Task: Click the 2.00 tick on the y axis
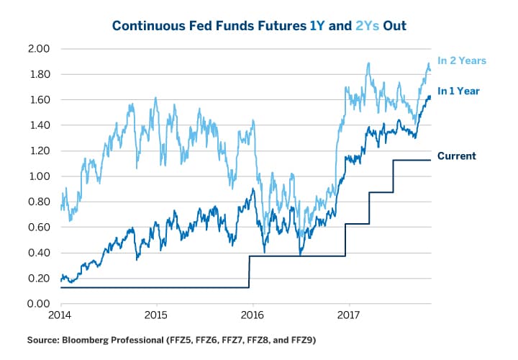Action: [38, 49]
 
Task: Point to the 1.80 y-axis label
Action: [38, 74]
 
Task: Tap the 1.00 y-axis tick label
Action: [38, 176]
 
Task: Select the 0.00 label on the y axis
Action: [38, 304]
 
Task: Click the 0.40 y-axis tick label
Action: [38, 253]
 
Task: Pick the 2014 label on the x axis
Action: [60, 315]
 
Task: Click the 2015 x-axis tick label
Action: [156, 315]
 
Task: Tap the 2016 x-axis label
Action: [252, 315]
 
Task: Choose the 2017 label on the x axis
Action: [348, 315]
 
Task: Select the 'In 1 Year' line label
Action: [458, 91]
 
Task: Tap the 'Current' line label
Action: [456, 156]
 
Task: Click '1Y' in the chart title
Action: [319, 26]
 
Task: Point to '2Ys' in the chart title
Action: [364, 26]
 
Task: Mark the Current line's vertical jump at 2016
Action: [250, 272]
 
